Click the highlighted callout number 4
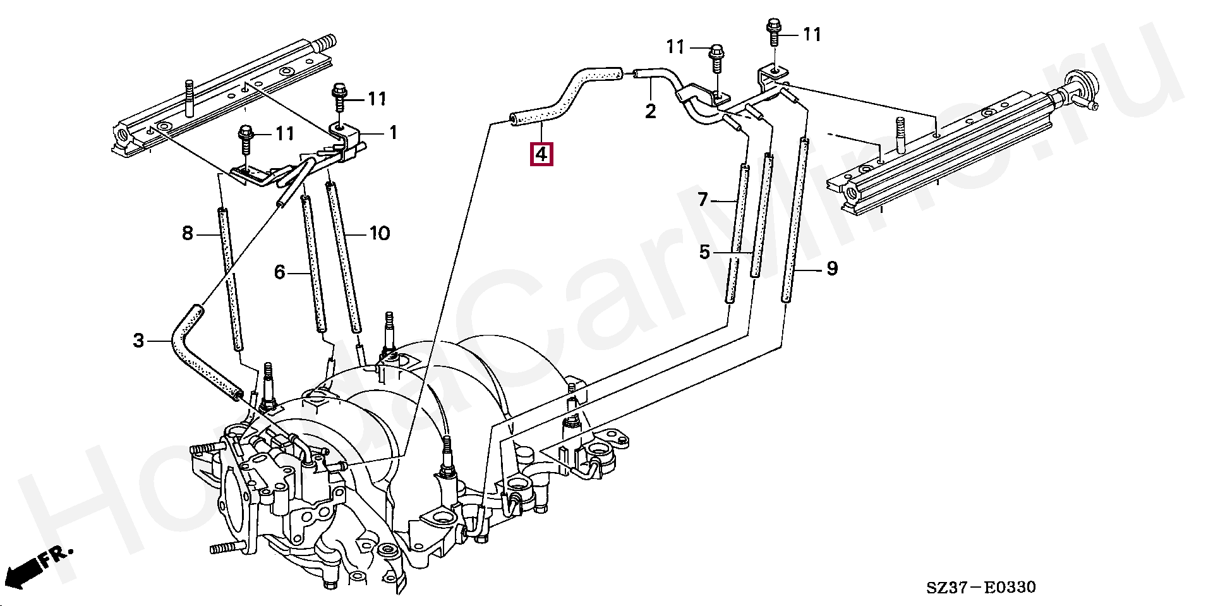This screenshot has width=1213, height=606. [542, 155]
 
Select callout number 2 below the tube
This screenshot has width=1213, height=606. [650, 112]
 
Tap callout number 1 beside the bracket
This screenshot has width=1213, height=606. [393, 133]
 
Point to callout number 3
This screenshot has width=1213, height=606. [139, 341]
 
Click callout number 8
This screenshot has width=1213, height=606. [187, 234]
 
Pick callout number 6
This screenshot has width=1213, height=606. [280, 272]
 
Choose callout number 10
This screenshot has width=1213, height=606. [379, 234]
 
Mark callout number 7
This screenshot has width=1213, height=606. [703, 200]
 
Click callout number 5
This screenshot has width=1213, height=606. [704, 253]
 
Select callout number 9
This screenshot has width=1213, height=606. [831, 269]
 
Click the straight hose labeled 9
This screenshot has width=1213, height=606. [795, 221]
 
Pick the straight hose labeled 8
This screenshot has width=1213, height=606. [230, 278]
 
